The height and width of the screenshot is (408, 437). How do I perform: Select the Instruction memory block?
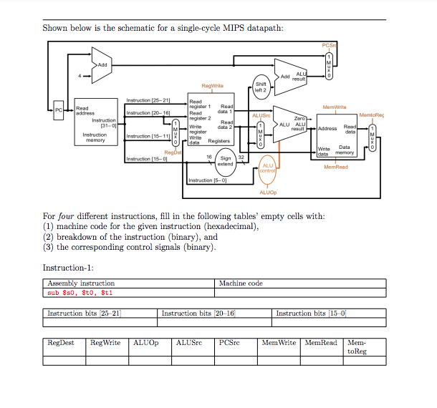tap(95, 125)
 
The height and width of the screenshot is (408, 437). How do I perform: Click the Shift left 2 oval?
tap(260, 87)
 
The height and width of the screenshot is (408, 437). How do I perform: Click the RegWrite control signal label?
tap(213, 86)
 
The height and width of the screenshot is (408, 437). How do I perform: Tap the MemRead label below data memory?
tap(335, 167)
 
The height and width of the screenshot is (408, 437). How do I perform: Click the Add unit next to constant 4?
tap(101, 64)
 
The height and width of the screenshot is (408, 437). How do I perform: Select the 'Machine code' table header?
tap(241, 283)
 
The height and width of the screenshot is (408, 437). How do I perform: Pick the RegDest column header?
tap(61, 344)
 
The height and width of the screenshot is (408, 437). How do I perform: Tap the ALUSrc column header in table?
tap(188, 344)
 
